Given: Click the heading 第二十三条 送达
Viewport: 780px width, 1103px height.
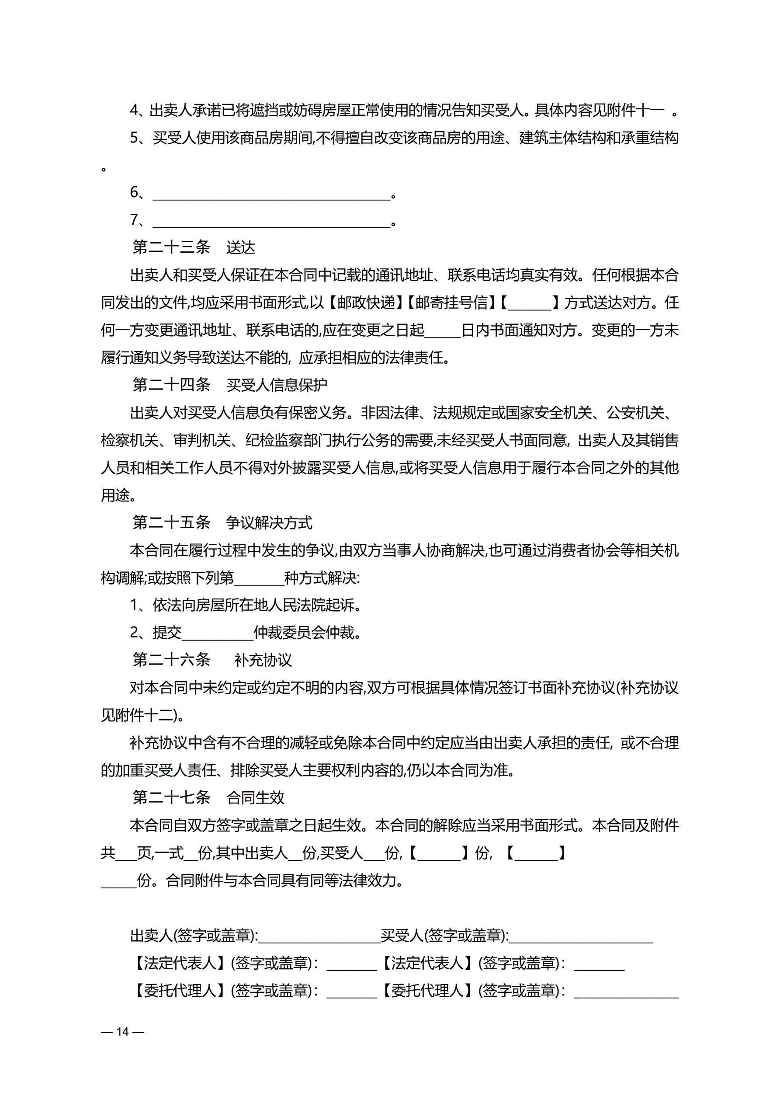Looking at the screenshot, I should coord(194,247).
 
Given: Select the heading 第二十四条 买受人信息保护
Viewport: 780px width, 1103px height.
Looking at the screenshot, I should coord(229,384).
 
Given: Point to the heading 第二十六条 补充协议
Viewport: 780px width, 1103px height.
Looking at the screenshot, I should coord(212,660).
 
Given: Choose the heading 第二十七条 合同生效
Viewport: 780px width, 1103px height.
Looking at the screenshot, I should coord(208,797).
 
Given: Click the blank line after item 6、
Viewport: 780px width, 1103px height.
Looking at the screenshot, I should coord(271,194).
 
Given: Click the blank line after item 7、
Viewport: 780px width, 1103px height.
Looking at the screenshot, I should coord(271,222).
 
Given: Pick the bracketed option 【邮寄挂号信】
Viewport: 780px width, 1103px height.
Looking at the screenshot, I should coord(451,302).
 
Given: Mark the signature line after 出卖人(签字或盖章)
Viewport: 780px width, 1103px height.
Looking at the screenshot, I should coord(319,937).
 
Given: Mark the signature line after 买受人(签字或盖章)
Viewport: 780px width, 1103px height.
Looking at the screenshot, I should coord(581,937).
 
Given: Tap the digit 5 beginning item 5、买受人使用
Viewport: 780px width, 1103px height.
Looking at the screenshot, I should coord(135,138).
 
